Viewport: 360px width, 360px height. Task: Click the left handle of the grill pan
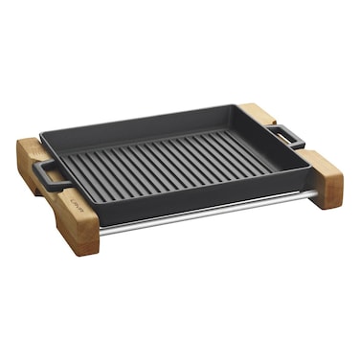pos(48,175)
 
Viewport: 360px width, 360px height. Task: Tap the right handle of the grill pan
pos(286,135)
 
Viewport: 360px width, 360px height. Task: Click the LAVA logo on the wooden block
pos(76,204)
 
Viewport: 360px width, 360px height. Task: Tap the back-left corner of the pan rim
pos(43,134)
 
